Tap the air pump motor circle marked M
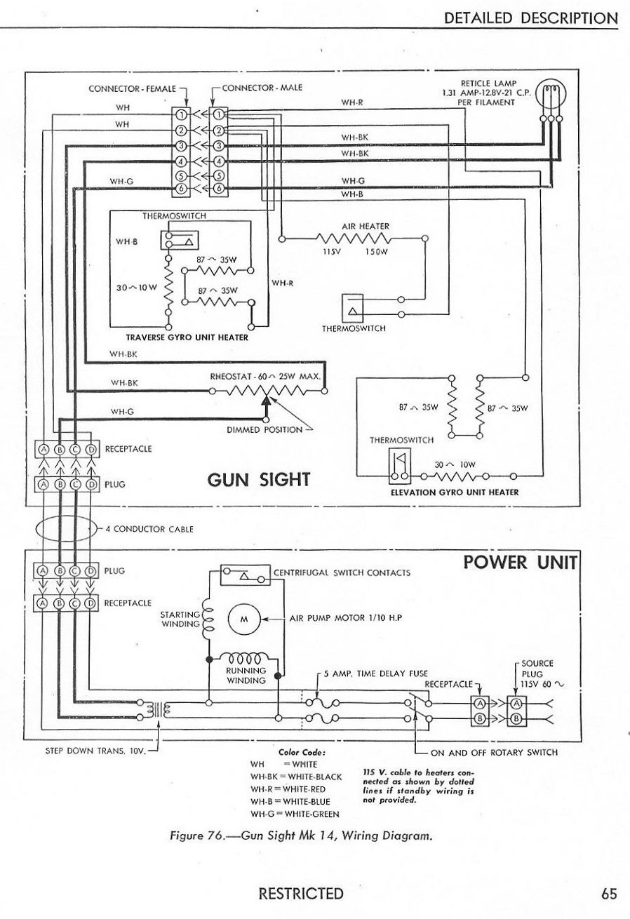(x=244, y=619)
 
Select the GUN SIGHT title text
(x=259, y=480)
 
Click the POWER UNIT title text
(x=520, y=563)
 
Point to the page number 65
(x=608, y=894)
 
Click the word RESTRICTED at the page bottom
(x=301, y=894)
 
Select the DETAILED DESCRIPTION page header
(x=531, y=18)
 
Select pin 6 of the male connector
(x=218, y=189)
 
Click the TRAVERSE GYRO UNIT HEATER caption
(x=182, y=337)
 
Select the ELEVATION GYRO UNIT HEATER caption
(x=454, y=492)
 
